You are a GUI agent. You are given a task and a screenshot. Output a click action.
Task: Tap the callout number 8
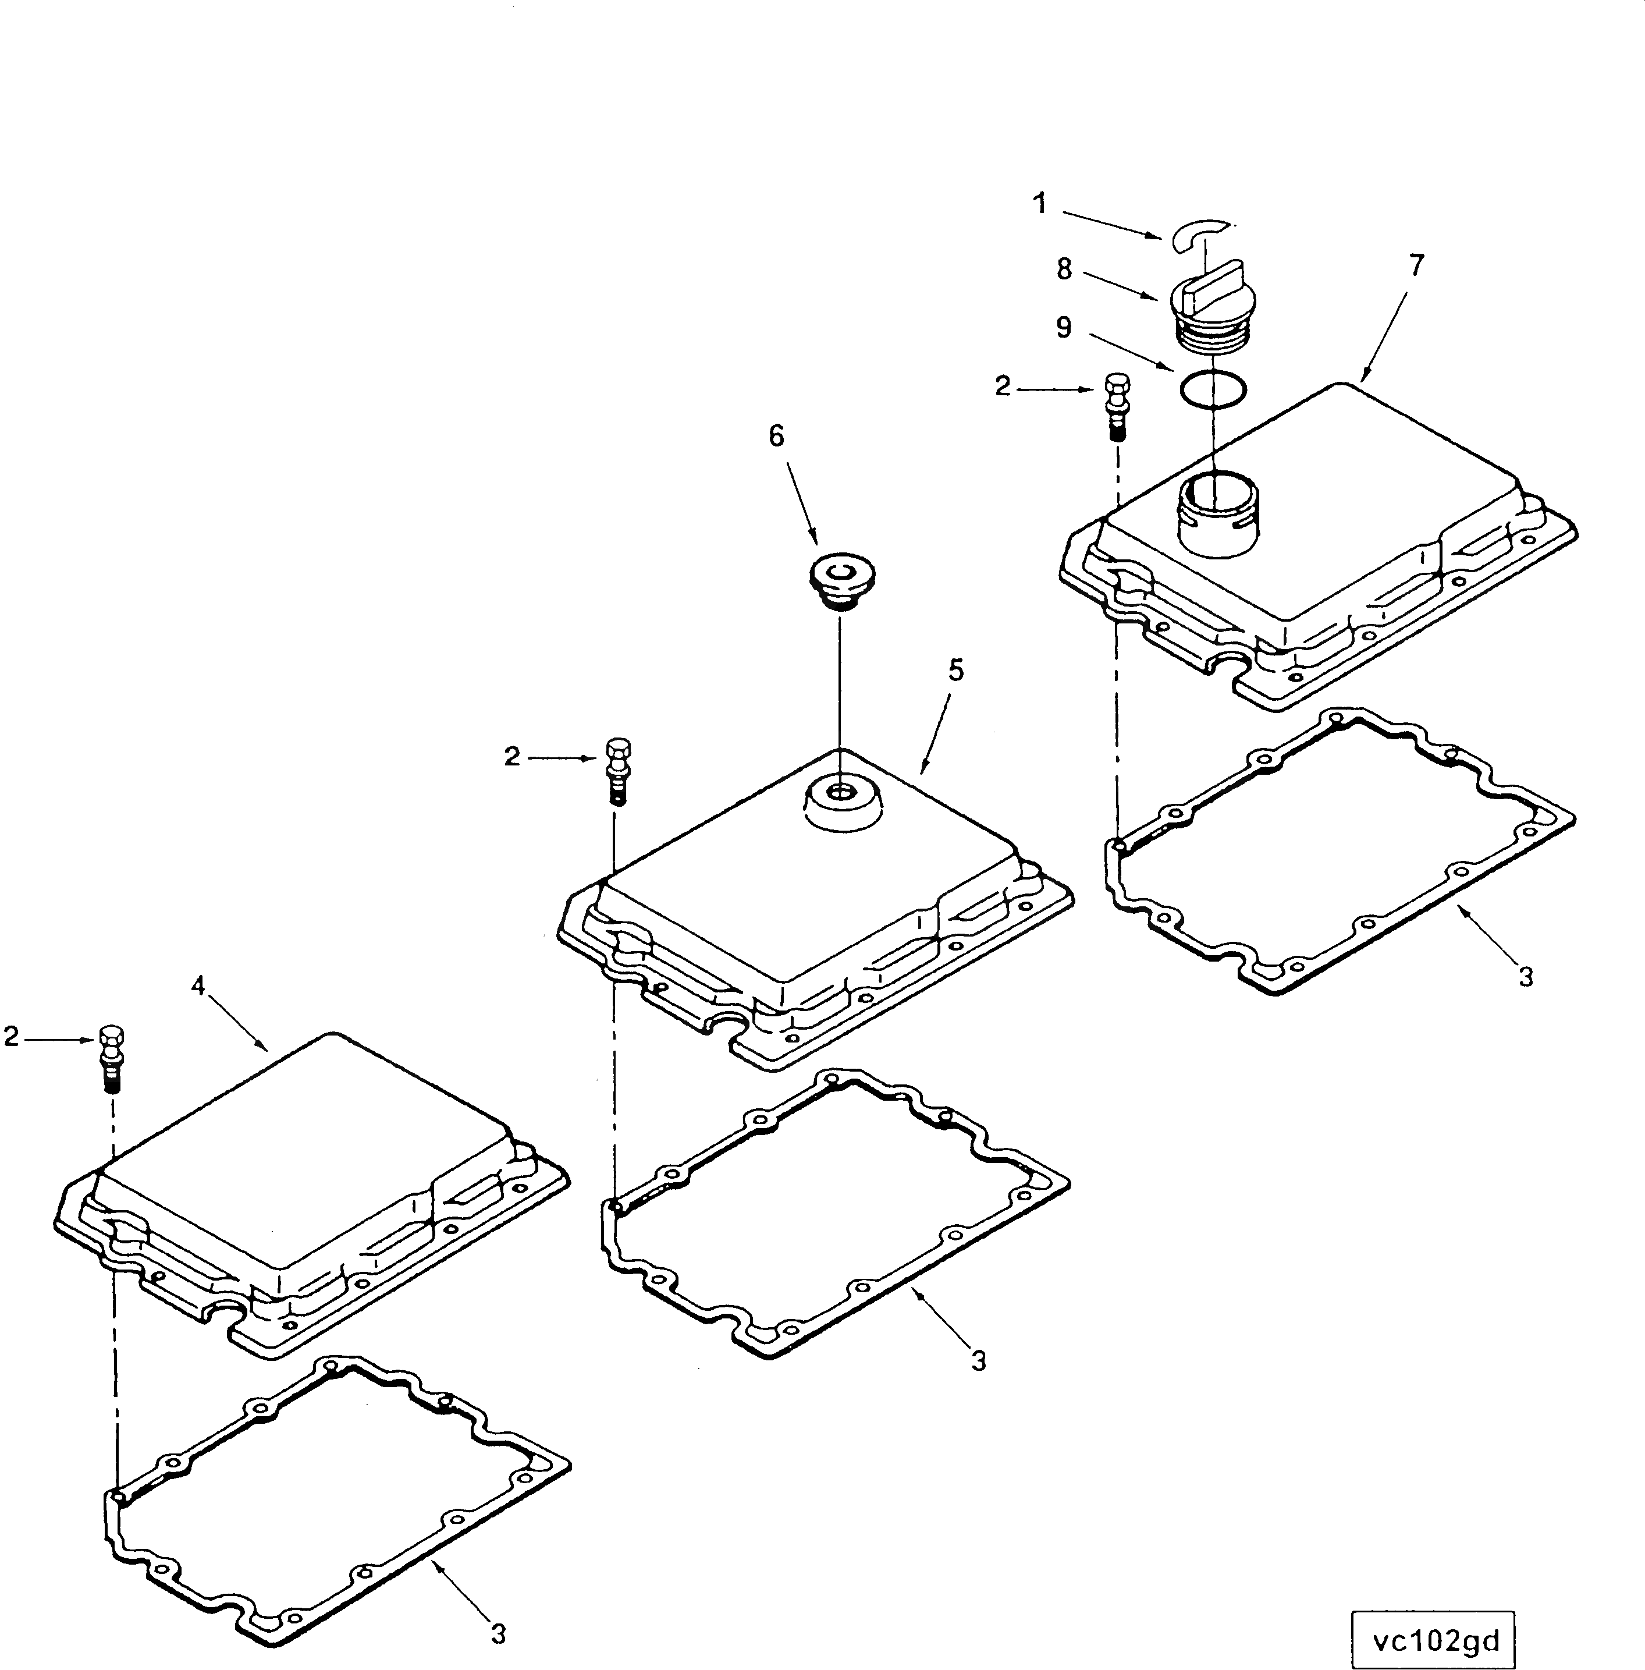tap(1064, 270)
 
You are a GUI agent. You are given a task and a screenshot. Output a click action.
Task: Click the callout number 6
tap(777, 437)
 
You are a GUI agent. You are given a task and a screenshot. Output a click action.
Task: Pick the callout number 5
tap(955, 670)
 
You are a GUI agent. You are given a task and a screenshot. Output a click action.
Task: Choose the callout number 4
tap(198, 985)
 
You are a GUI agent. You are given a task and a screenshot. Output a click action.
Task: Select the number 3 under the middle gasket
tap(978, 1361)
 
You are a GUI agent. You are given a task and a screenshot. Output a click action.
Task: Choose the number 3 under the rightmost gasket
tap(1526, 977)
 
